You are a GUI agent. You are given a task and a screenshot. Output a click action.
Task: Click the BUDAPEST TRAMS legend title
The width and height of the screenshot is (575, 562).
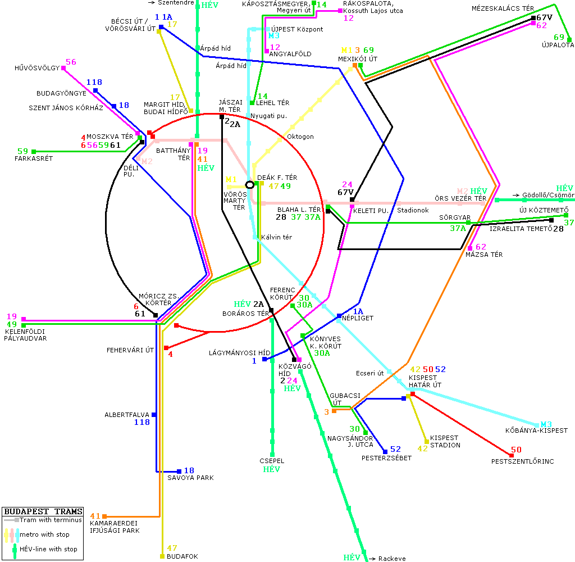[x=43, y=512]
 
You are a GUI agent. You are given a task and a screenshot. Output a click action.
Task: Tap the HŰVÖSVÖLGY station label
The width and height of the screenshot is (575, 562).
[x=37, y=69]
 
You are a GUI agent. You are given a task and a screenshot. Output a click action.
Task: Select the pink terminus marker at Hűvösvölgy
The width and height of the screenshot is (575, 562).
[x=63, y=68]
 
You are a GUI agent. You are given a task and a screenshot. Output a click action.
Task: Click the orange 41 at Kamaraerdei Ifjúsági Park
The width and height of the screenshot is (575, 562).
[x=95, y=516]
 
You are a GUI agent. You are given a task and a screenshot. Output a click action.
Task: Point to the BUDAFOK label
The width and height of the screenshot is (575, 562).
[x=182, y=556]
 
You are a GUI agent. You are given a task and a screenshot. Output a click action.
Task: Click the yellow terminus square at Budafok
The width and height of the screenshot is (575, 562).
[x=162, y=556]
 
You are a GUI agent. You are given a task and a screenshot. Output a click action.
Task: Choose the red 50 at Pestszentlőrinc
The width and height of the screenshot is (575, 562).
[x=516, y=450]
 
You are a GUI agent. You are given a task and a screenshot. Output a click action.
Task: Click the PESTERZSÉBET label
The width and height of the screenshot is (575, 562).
[x=386, y=458]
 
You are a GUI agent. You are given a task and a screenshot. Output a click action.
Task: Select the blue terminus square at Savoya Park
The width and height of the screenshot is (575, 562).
[x=179, y=471]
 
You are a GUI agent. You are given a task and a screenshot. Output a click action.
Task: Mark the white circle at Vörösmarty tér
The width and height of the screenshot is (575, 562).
[x=250, y=184]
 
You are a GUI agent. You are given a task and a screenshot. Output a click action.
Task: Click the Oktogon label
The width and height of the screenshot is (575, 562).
[x=300, y=137]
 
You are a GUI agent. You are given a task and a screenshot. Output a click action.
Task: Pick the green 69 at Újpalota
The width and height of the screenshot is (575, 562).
[x=559, y=37]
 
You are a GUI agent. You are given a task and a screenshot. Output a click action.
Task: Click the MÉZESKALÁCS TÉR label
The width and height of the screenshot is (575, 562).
[x=503, y=9]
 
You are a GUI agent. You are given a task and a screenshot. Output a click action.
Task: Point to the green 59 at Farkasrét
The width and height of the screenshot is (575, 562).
[x=22, y=151]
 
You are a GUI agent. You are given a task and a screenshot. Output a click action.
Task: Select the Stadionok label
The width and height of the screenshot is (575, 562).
[x=413, y=210]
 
